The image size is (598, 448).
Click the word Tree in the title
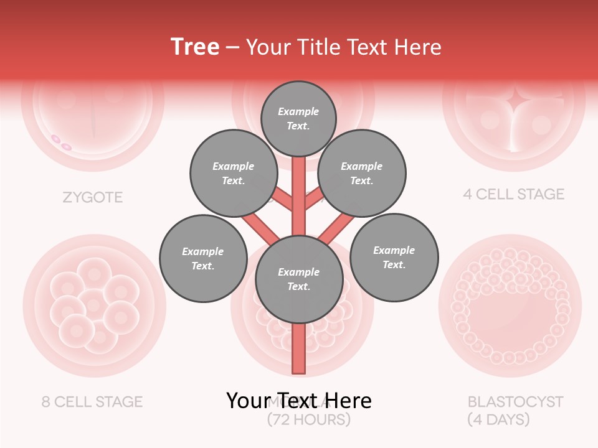tap(195, 47)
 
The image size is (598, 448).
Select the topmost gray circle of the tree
tap(298, 118)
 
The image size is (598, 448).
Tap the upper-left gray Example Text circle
tap(233, 174)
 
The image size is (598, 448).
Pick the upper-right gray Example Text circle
tap(361, 174)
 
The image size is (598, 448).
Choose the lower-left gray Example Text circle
tap(203, 258)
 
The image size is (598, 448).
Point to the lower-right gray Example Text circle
tap(394, 257)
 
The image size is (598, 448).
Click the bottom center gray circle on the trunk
tap(299, 279)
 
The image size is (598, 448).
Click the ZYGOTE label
tap(93, 198)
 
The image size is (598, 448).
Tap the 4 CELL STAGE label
tap(513, 194)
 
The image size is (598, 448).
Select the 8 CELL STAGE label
tap(92, 402)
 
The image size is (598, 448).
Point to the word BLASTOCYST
tap(515, 401)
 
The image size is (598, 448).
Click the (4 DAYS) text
tap(498, 420)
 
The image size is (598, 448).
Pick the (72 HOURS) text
tap(309, 420)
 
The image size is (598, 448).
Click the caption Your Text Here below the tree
tap(298, 401)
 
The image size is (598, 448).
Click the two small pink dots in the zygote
tap(61, 142)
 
